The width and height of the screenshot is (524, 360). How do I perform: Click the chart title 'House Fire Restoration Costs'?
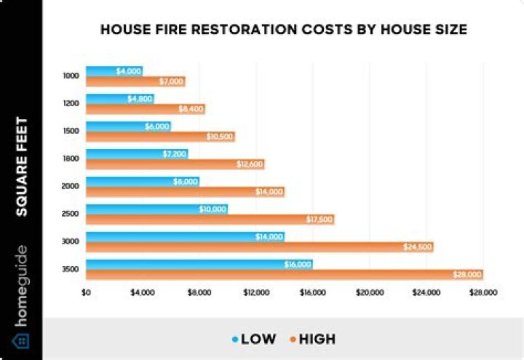click(x=283, y=30)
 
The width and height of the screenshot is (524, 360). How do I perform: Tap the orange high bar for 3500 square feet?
click(x=284, y=275)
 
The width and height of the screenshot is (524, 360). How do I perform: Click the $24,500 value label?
click(x=418, y=247)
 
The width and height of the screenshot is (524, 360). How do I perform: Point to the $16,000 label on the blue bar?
click(x=298, y=264)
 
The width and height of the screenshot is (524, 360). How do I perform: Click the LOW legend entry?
click(x=255, y=339)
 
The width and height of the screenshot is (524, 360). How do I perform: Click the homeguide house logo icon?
click(x=21, y=340)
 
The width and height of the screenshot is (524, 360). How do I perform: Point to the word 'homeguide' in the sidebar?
click(x=21, y=287)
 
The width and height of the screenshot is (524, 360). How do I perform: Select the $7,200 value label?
click(x=175, y=153)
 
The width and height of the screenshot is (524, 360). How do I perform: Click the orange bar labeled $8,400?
click(x=146, y=109)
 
